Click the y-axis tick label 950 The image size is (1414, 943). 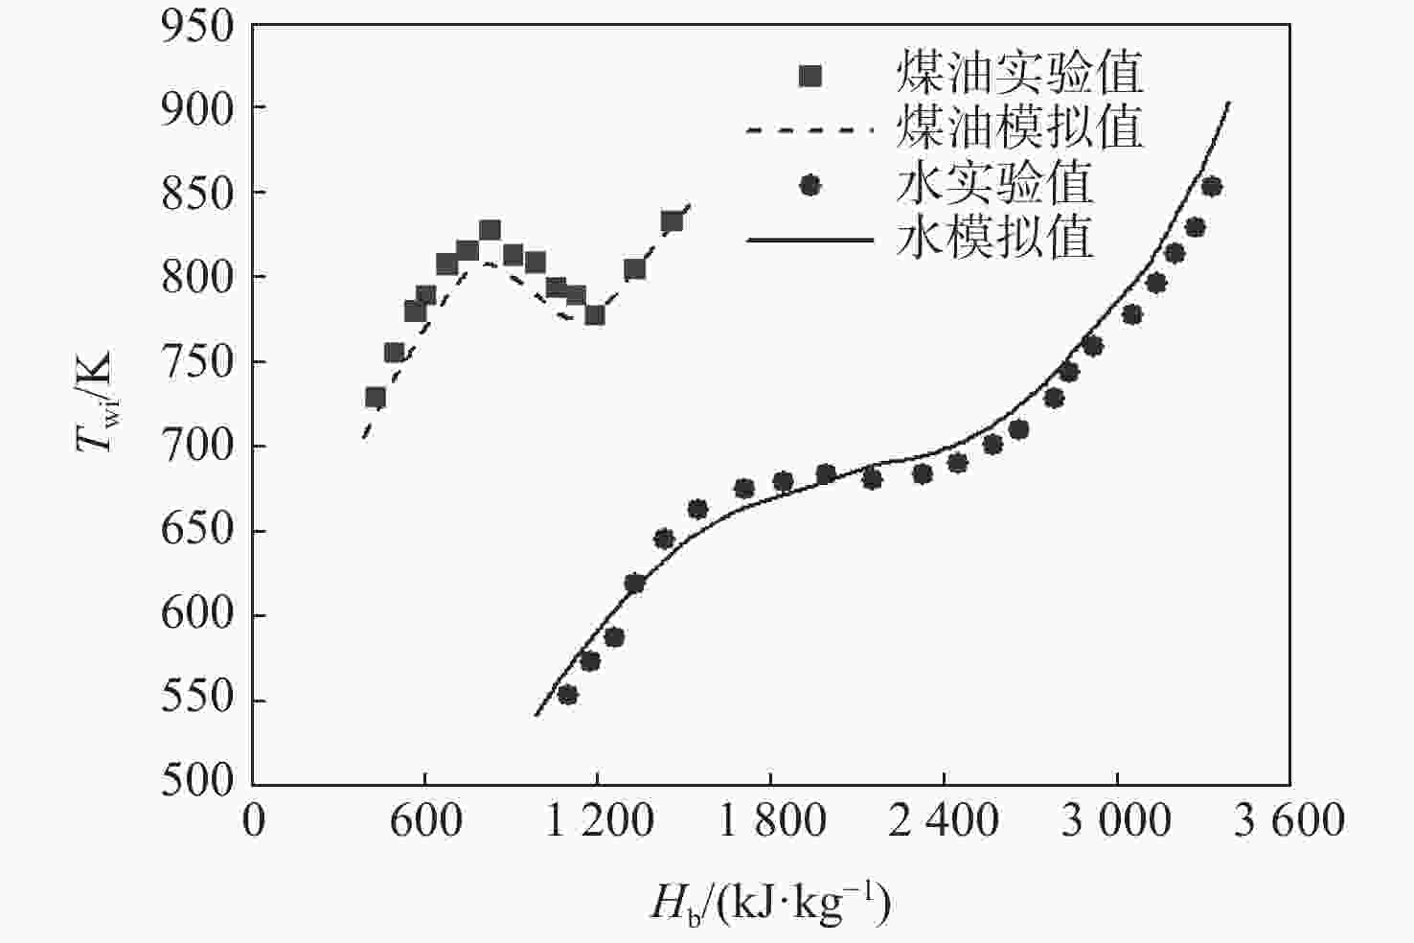tap(197, 27)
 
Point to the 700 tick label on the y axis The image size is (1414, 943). tap(197, 446)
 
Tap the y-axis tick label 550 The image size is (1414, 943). tap(197, 700)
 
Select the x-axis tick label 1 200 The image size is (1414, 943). tap(599, 821)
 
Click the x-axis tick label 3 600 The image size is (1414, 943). tap(1289, 821)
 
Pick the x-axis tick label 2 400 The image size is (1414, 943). tap(943, 821)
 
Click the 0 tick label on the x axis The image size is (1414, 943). tap(254, 821)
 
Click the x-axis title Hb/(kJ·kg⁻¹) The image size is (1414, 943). tap(770, 902)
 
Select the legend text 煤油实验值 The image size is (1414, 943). tap(1019, 73)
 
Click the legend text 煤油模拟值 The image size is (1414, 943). tap(1019, 127)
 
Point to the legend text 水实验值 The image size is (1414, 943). tap(994, 183)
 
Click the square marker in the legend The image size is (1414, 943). tap(810, 75)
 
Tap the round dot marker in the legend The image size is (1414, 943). tap(810, 185)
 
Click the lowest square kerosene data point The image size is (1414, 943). tap(376, 398)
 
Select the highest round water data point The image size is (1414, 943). tap(1212, 186)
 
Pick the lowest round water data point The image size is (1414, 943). tap(567, 695)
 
